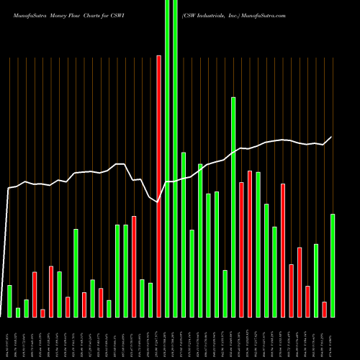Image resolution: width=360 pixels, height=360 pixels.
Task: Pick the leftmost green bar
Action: [x=9, y=301]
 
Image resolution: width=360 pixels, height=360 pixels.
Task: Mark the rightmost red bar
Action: [x=325, y=309]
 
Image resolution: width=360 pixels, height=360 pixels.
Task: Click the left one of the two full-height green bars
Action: [x=167, y=158]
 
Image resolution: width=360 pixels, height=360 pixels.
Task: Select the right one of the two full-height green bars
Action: [x=175, y=158]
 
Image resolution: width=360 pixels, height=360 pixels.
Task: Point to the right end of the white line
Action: [x=332, y=137]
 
